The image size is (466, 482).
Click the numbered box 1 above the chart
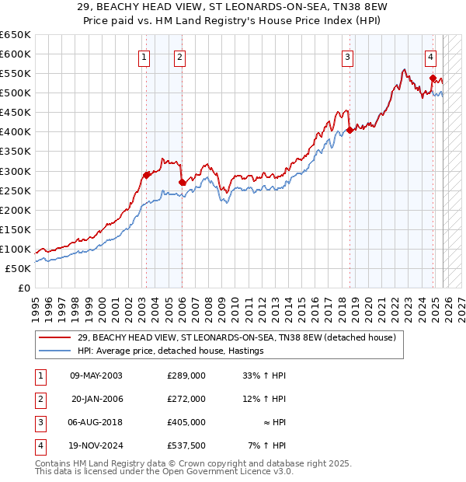pos(144,56)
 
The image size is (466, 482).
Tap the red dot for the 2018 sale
pos(349,130)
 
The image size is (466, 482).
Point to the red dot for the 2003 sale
pos(146,175)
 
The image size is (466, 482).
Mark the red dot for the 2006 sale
pos(182,182)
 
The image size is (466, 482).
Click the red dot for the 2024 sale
pos(433,78)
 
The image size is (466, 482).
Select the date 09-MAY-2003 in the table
pos(96,375)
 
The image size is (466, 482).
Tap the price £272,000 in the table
pos(186,399)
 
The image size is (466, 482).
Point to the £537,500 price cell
pos(186,445)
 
